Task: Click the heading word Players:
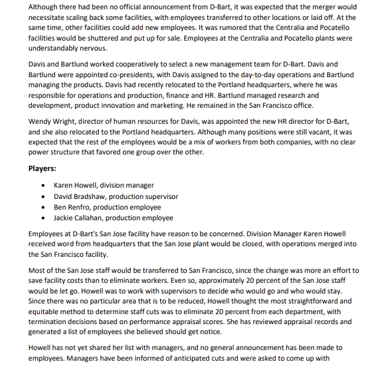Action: tap(42, 168)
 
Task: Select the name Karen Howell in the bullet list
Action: tap(76, 186)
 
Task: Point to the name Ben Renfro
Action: tap(72, 207)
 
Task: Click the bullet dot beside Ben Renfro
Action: tap(44, 207)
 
